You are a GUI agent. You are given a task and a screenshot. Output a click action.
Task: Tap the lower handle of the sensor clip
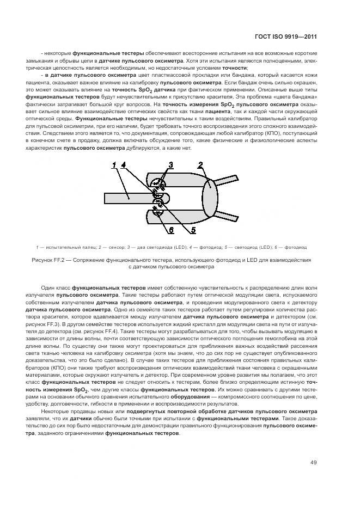coord(228,218)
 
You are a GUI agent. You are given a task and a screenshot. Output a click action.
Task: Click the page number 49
coord(314,463)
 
